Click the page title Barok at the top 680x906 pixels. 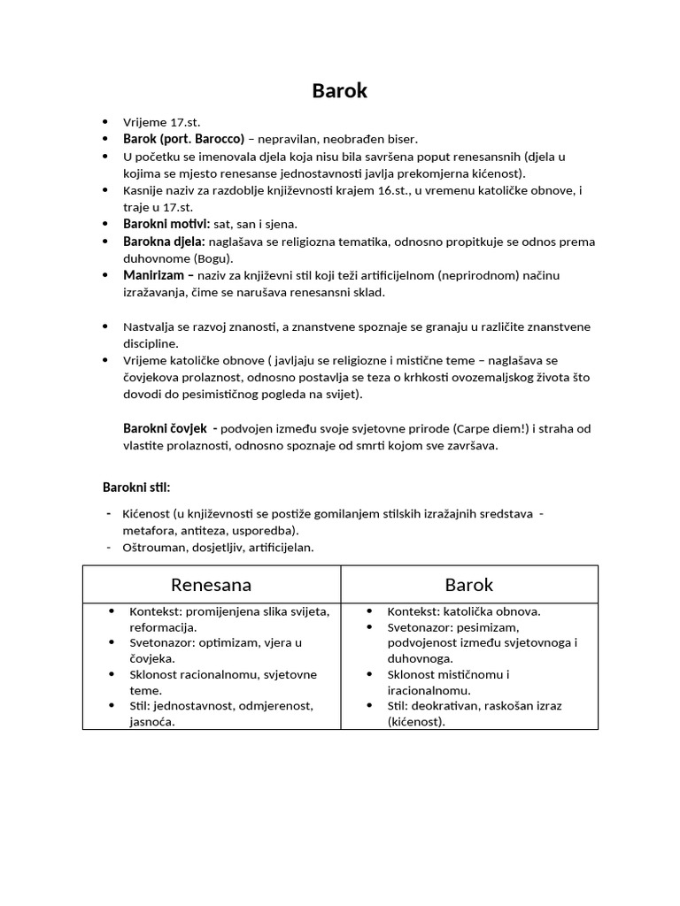tap(339, 90)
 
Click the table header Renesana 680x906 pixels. tap(211, 585)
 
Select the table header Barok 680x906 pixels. tap(469, 585)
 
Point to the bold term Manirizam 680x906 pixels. tap(155, 275)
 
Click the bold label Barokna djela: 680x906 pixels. tap(164, 242)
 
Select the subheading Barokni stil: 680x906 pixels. tap(136, 488)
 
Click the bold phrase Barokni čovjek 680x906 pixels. tap(166, 429)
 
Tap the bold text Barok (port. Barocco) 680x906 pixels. tap(183, 139)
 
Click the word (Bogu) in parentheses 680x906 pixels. tap(212, 258)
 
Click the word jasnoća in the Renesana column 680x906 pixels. tap(152, 722)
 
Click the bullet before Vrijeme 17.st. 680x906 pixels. tap(105, 122)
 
